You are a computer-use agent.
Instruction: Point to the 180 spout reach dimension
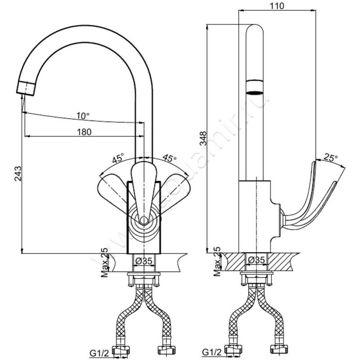[x=84, y=131]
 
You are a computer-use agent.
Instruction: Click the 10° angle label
[x=83, y=116]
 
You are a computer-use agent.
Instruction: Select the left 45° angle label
[x=118, y=158]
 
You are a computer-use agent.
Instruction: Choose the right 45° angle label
[x=169, y=158]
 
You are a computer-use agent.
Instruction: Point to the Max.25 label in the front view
[x=105, y=262]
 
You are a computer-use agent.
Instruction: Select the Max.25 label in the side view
[x=217, y=261]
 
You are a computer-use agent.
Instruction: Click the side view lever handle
[x=310, y=198]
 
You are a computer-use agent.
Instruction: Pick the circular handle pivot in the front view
[x=143, y=220]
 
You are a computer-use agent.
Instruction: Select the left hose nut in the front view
[x=123, y=350]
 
